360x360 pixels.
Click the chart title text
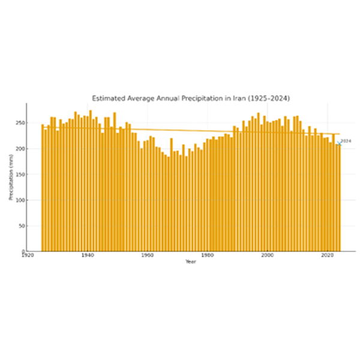click(x=190, y=97)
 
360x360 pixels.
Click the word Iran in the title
click(x=235, y=97)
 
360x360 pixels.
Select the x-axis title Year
click(x=190, y=262)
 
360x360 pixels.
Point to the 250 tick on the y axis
click(x=20, y=123)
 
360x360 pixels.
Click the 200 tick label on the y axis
click(x=20, y=149)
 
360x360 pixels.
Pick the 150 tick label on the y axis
click(x=20, y=175)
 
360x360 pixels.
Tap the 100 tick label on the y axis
click(x=20, y=200)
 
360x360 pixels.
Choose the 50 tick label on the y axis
click(x=21, y=226)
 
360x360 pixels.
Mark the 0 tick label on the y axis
click(x=23, y=251)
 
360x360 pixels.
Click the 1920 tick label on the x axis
click(x=27, y=256)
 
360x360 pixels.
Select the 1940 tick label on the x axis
click(x=87, y=256)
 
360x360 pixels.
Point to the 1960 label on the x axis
click(x=147, y=256)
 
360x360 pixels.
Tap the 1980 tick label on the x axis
click(x=207, y=256)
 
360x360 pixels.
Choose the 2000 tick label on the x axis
click(x=267, y=256)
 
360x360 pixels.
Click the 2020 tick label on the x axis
click(x=327, y=256)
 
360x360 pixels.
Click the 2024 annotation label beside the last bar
click(x=346, y=141)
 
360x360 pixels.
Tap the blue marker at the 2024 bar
click(x=338, y=144)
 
